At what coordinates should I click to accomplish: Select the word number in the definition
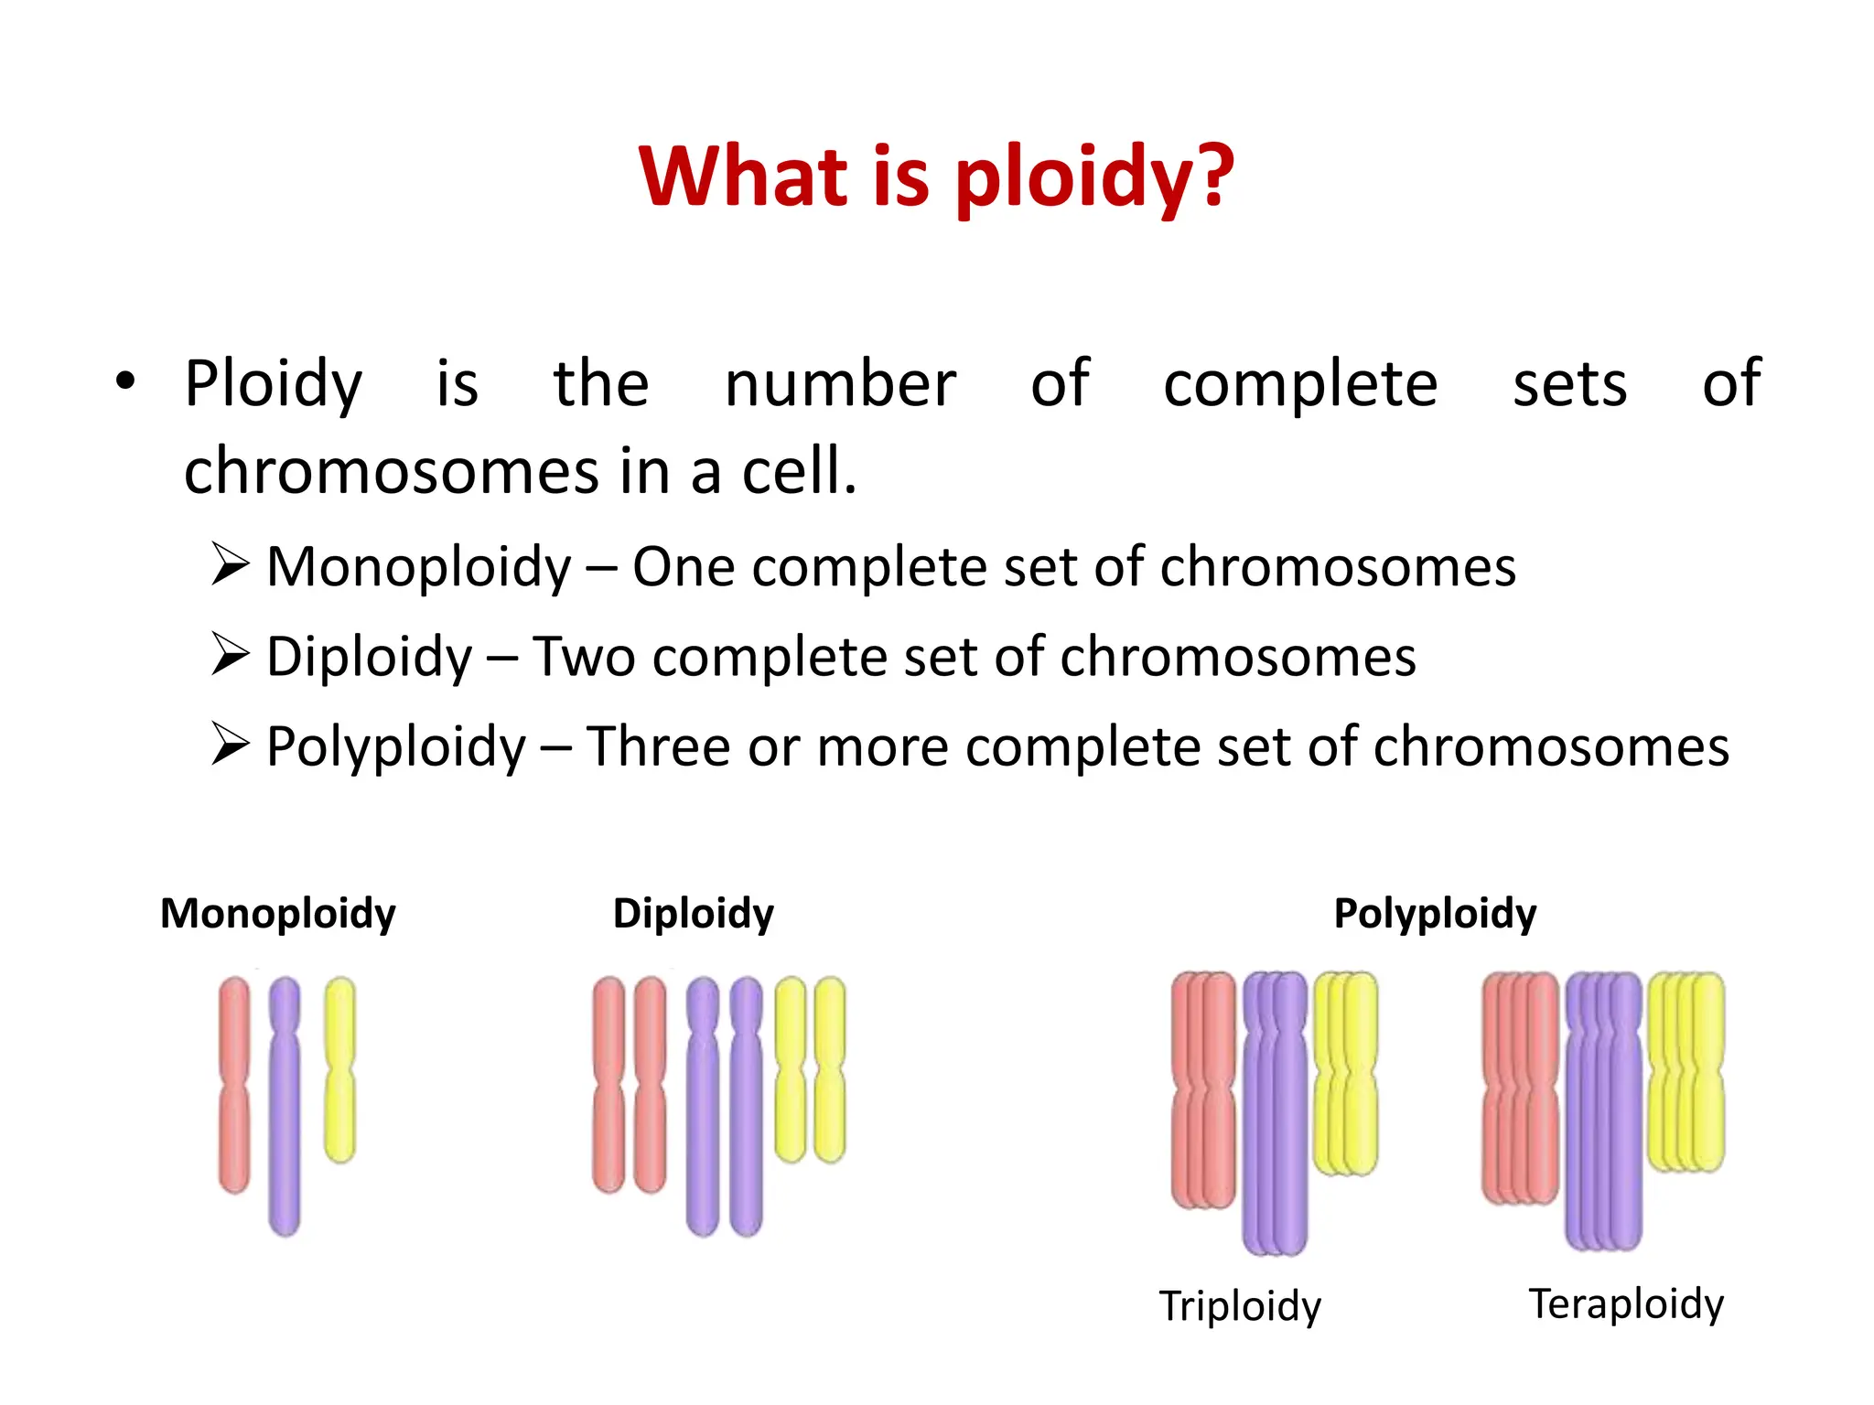click(839, 384)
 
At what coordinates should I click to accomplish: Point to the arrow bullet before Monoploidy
click(230, 563)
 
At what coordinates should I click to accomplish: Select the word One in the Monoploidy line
click(683, 567)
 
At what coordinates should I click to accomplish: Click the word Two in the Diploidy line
click(583, 657)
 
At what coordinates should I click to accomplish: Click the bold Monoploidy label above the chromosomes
click(278, 914)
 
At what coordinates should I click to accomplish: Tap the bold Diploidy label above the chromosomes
click(693, 914)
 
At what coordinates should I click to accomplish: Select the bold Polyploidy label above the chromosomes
click(1435, 914)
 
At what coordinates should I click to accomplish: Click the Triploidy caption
click(1240, 1305)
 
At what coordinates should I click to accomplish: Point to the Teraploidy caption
click(1626, 1303)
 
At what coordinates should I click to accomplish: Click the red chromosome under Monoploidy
click(234, 1084)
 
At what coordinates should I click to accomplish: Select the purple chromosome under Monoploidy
click(285, 1107)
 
